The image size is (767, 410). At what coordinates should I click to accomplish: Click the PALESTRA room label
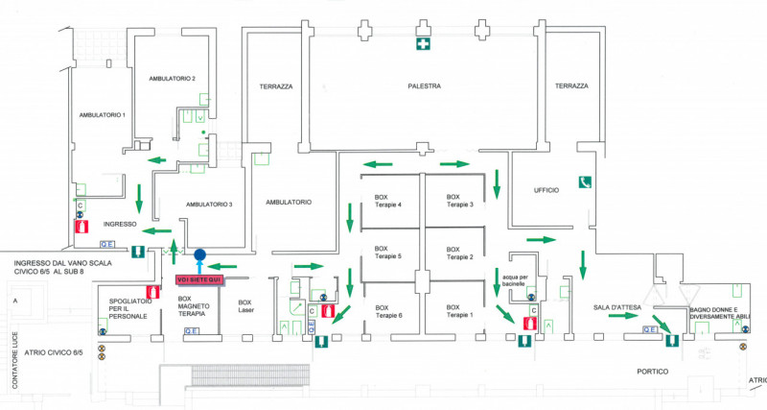click(x=423, y=86)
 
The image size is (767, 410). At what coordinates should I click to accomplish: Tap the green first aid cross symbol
click(x=422, y=44)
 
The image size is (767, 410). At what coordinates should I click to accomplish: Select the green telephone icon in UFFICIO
click(x=583, y=181)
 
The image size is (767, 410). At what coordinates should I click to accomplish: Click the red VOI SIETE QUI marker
click(x=199, y=278)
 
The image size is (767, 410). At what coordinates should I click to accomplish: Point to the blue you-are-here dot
click(x=199, y=256)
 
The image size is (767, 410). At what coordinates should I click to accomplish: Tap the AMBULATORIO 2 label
click(x=173, y=78)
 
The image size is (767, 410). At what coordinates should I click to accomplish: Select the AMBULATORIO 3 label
click(x=209, y=205)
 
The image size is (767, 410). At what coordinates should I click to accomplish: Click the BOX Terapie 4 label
click(x=388, y=201)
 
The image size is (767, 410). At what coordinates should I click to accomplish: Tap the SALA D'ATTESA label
click(x=616, y=306)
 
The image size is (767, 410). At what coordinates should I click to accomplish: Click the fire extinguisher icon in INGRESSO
click(x=81, y=228)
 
